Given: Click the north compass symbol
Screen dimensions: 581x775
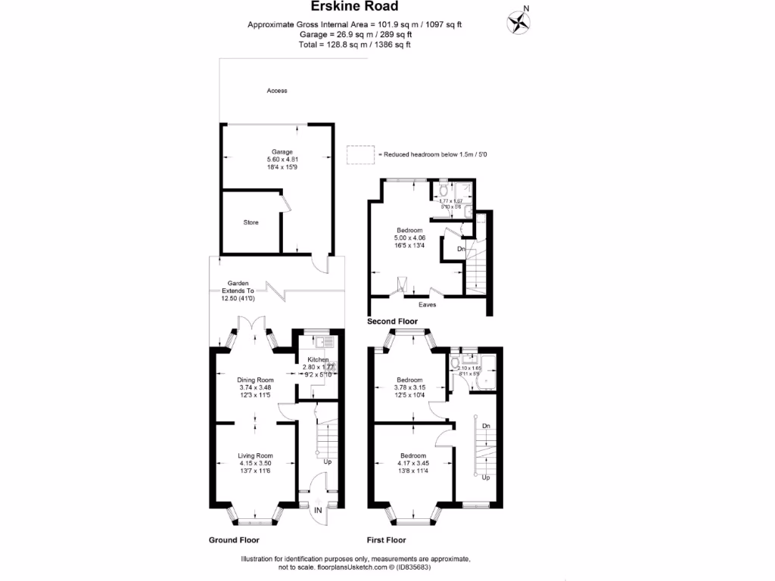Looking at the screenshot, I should (x=518, y=22).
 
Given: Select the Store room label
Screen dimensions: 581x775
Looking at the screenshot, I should (x=251, y=222).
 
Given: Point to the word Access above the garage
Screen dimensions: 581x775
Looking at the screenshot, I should (x=277, y=91).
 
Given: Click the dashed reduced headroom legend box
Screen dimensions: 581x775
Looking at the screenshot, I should (x=361, y=154).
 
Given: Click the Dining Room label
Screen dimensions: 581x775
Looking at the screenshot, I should (x=255, y=380).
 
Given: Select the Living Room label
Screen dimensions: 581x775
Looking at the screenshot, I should (x=255, y=455).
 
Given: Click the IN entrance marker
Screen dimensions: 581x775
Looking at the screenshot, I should (x=319, y=511).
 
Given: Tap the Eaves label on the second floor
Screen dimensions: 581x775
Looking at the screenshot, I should (x=428, y=305).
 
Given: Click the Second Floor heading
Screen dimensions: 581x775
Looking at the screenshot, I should (x=392, y=322).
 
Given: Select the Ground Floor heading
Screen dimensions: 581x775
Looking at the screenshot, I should (x=234, y=540).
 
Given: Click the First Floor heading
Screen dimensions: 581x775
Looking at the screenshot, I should (x=386, y=540).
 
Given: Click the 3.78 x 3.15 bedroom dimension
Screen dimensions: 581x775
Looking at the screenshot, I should (x=409, y=387).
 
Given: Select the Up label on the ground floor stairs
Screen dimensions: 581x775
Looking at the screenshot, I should (x=327, y=461).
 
